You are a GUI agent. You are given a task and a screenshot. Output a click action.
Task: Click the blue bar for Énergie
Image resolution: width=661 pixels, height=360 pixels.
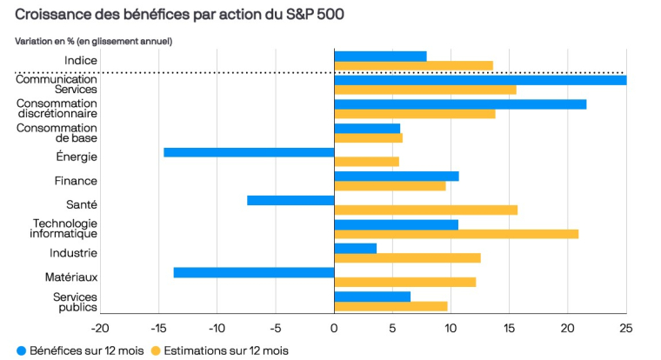pyautogui.click(x=249, y=152)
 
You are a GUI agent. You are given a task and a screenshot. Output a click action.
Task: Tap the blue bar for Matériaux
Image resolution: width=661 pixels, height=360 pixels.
pyautogui.click(x=254, y=272)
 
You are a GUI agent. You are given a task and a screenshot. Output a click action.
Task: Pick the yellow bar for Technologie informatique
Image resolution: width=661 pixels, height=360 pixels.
pyautogui.click(x=456, y=234)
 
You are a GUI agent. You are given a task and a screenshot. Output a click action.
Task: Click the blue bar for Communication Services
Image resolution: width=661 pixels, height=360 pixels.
pyautogui.click(x=480, y=80)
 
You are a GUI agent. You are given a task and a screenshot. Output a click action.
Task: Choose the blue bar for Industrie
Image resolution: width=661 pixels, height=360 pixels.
pyautogui.click(x=355, y=248)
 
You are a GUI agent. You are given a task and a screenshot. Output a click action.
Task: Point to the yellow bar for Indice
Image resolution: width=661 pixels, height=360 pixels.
pyautogui.click(x=413, y=65)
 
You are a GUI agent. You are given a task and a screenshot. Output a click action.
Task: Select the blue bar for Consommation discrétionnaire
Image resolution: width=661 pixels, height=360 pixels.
pyautogui.click(x=460, y=104)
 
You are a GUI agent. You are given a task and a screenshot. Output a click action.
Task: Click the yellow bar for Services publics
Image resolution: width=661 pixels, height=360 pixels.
pyautogui.click(x=391, y=306)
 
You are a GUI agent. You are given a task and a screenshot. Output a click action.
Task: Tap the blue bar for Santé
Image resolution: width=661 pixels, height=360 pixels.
pyautogui.click(x=290, y=200)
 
